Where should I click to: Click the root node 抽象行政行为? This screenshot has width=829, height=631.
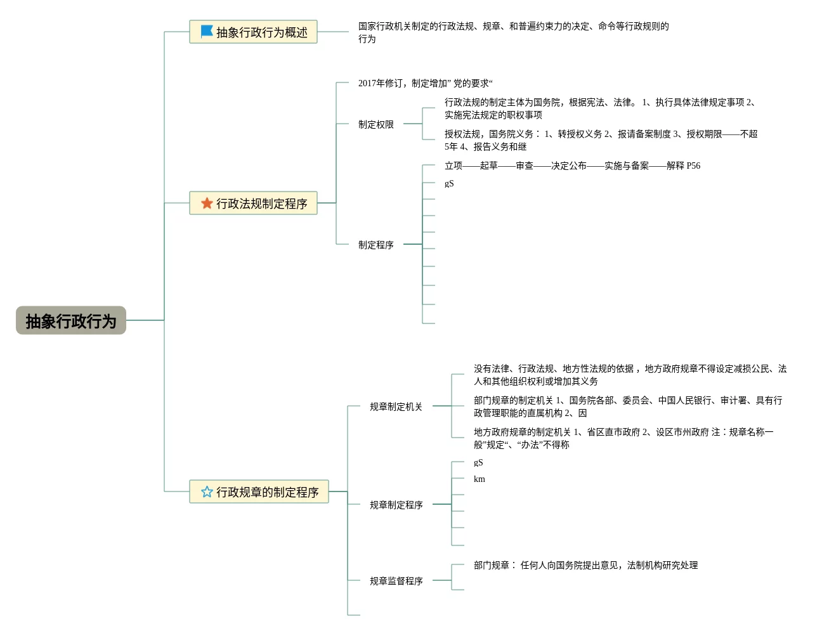click(71, 321)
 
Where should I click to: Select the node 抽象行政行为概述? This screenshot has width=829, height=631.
click(261, 32)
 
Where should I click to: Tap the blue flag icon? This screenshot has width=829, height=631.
click(207, 31)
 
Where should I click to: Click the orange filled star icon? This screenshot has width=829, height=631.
click(207, 203)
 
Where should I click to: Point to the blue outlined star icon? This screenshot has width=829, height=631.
click(207, 491)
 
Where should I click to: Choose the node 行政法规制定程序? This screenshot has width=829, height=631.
click(261, 204)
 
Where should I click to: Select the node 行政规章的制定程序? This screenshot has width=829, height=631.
click(267, 492)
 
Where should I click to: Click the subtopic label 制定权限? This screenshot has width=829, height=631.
click(376, 124)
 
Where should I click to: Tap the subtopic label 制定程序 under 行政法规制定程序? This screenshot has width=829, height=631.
click(376, 245)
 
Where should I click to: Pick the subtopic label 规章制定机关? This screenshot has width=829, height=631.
click(396, 407)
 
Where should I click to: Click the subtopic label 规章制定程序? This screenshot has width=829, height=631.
click(396, 505)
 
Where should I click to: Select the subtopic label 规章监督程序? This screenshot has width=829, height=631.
click(396, 581)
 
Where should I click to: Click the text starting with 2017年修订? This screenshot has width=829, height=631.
click(425, 83)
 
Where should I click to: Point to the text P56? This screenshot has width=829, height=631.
click(693, 166)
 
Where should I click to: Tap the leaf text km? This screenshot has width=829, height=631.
click(480, 479)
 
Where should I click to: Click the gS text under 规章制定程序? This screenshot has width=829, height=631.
click(478, 462)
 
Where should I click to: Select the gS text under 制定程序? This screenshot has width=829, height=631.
click(449, 183)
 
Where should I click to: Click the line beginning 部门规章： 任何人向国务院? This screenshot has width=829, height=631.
click(585, 565)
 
